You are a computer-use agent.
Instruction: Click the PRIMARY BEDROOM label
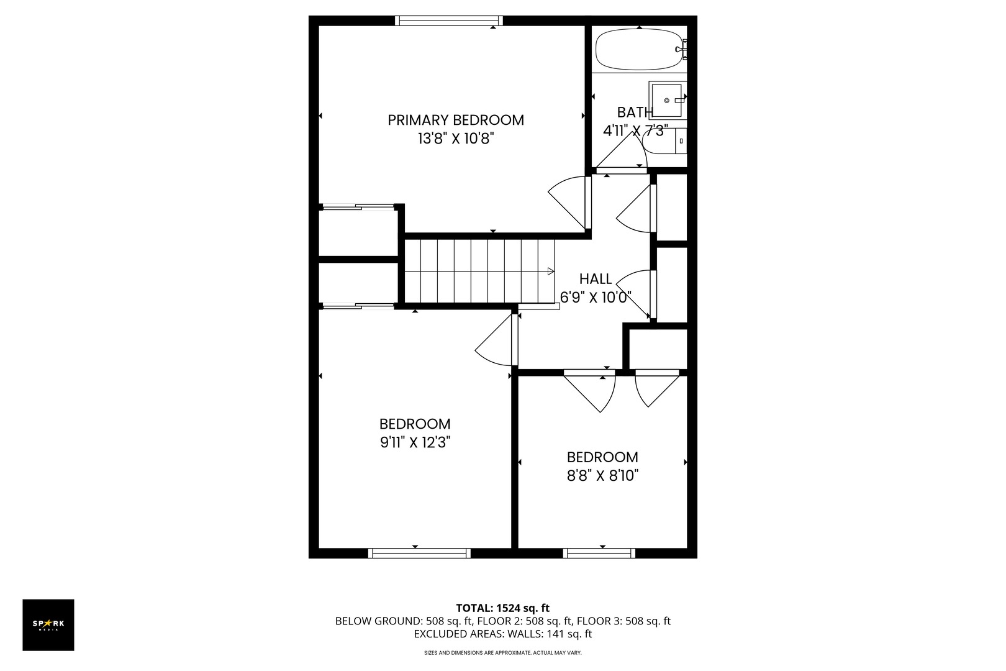pyautogui.click(x=456, y=120)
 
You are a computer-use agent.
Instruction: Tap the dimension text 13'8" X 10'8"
pyautogui.click(x=456, y=139)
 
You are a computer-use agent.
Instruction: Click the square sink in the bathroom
pyautogui.click(x=667, y=100)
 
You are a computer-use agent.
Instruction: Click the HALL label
pyautogui.click(x=596, y=279)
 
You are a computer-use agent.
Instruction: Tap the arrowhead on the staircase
pyautogui.click(x=550, y=271)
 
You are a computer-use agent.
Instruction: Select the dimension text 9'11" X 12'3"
pyautogui.click(x=415, y=442)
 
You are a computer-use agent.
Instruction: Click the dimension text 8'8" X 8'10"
pyautogui.click(x=602, y=476)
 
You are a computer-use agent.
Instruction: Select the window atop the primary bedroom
pyautogui.click(x=449, y=21)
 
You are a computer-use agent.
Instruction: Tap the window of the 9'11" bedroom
pyautogui.click(x=419, y=553)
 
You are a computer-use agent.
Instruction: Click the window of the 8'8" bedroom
pyautogui.click(x=599, y=553)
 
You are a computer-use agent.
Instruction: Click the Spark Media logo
pyautogui.click(x=48, y=624)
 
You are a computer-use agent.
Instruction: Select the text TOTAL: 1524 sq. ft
pyautogui.click(x=503, y=608)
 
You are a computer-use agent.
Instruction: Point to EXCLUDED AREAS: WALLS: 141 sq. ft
pyautogui.click(x=503, y=634)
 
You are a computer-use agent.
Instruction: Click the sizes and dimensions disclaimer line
pyautogui.click(x=503, y=653)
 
